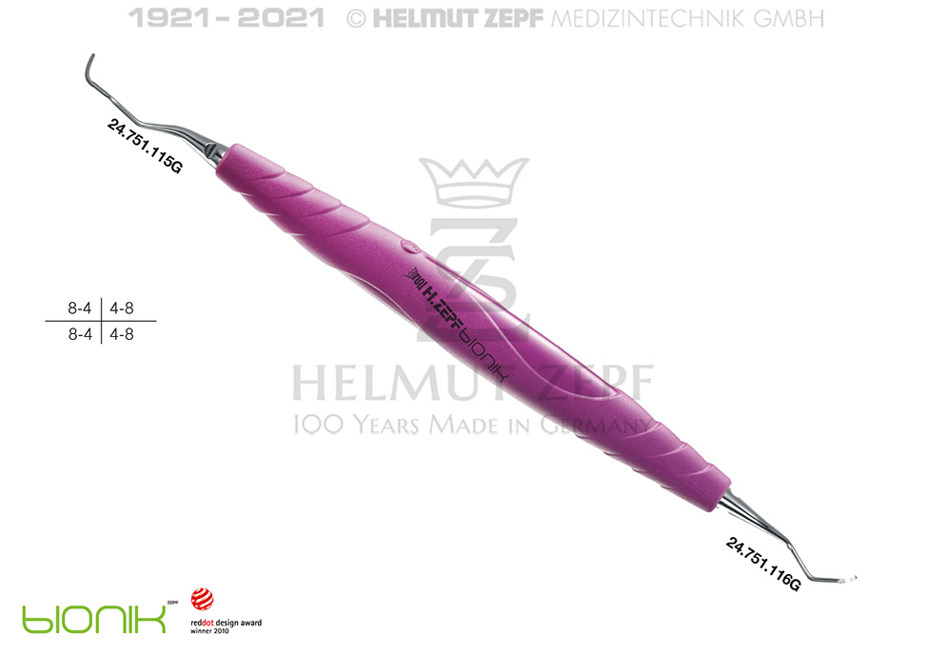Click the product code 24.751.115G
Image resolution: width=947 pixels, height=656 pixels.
click(x=145, y=147)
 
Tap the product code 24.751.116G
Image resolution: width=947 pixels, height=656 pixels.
click(x=763, y=565)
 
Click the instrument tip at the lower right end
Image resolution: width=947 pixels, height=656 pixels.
click(x=845, y=579)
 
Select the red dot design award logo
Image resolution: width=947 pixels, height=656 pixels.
click(x=203, y=599)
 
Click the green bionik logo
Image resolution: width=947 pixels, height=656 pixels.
click(x=94, y=619)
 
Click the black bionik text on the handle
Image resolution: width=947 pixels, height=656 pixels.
click(x=483, y=354)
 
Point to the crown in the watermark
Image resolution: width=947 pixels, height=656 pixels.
click(x=474, y=181)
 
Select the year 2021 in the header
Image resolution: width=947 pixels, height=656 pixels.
click(x=281, y=18)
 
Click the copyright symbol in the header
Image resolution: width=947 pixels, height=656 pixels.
click(x=356, y=19)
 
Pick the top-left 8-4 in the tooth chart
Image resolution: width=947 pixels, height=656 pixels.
click(x=79, y=308)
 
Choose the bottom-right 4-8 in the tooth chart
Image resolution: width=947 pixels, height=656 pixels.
click(x=122, y=334)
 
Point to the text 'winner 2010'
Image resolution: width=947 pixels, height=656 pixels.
click(x=209, y=630)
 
